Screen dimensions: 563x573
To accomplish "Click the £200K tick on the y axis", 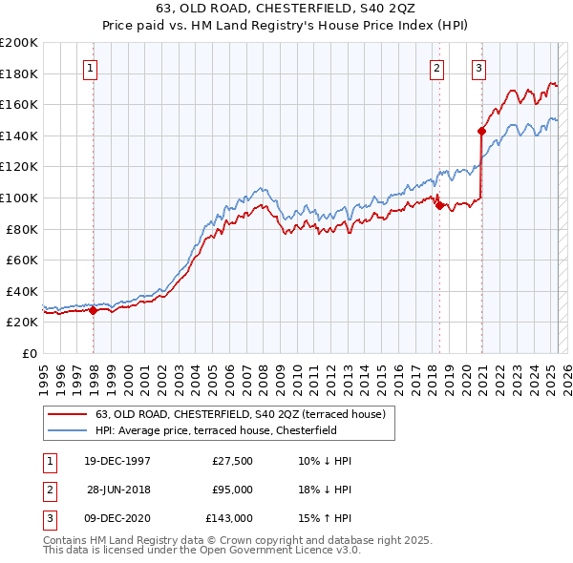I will click(19, 43).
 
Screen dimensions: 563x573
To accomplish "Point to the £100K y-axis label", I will click(19, 198).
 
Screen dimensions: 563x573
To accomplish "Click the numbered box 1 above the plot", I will click(90, 68).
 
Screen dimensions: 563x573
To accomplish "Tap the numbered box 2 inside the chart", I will click(436, 68).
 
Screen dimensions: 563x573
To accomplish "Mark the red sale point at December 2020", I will click(481, 131).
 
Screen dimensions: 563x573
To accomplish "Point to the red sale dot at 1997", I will click(94, 310).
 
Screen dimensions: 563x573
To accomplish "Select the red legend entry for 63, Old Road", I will click(240, 414).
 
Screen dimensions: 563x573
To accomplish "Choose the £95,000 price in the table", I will click(232, 490).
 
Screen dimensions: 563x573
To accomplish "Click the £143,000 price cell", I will click(229, 518).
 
